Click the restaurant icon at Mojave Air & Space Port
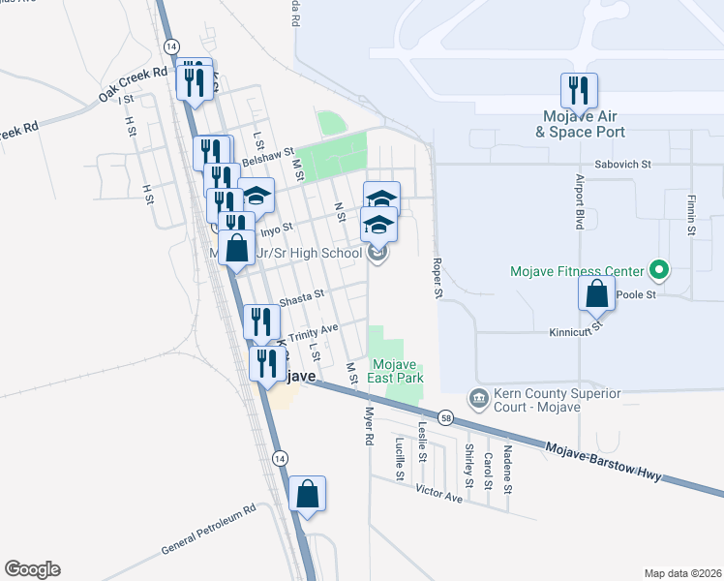(x=579, y=91)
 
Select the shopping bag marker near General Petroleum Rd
(x=307, y=495)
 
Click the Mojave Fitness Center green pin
(x=659, y=268)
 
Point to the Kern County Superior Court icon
(x=478, y=398)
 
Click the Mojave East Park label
(x=395, y=371)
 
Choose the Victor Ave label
(x=439, y=495)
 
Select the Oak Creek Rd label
(x=133, y=85)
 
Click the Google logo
(x=32, y=569)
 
